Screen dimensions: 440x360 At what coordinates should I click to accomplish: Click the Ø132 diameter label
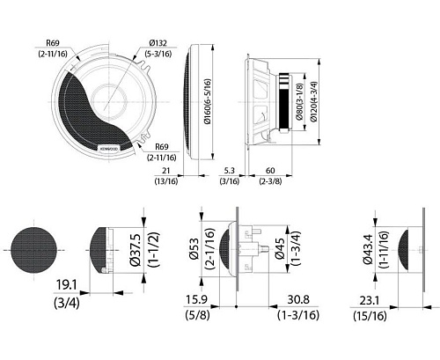tap(158, 43)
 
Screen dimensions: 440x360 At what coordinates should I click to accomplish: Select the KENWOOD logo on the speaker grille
tap(109, 149)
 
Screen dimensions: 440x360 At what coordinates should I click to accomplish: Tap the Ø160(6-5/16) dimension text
tap(207, 101)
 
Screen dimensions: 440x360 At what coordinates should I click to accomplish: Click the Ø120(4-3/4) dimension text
tap(313, 101)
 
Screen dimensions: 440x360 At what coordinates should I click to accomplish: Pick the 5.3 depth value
tap(230, 171)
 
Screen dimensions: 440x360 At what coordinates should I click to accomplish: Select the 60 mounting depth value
tap(270, 171)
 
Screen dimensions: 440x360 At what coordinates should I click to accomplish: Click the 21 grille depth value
tap(166, 171)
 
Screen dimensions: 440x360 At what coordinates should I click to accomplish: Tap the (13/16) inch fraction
tap(166, 181)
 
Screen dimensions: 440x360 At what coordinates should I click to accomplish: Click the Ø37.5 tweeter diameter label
tap(136, 250)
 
